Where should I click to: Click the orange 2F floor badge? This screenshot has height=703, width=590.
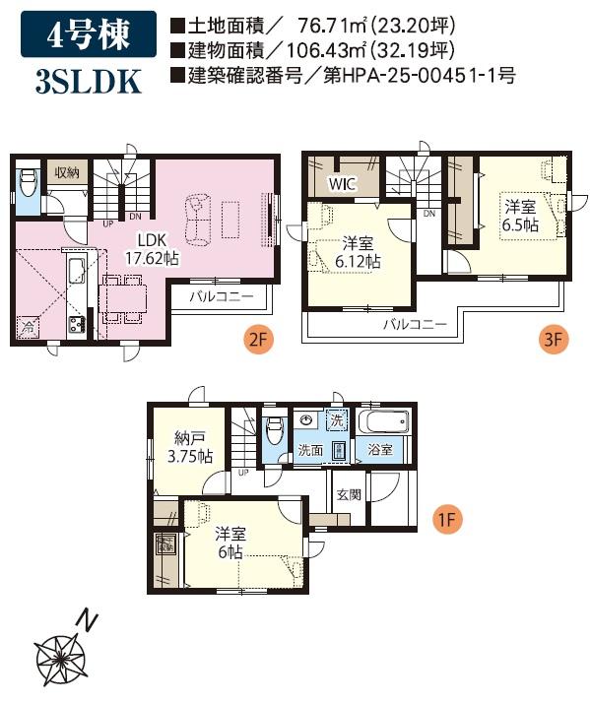coord(257,340)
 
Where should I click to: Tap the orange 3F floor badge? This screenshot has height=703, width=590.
coord(554,339)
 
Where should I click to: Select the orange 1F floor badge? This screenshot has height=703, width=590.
coord(447,520)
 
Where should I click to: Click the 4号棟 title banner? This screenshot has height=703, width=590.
coord(89,34)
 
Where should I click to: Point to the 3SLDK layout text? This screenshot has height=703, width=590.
coord(89,82)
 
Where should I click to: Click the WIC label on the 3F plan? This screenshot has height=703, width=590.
coord(343,184)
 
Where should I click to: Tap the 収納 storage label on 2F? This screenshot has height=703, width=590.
coord(67,172)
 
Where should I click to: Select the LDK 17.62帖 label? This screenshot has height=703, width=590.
coord(152,249)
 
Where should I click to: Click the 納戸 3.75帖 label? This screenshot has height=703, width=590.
coord(190,447)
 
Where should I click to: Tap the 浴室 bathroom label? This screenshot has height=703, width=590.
coord(380,450)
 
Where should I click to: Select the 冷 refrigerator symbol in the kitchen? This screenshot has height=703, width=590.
coord(28,327)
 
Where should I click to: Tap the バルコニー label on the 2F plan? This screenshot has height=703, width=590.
coord(222,296)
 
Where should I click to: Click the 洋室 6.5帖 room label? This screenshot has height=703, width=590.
coord(520,216)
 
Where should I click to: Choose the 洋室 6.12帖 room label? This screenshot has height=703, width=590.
coord(358,253)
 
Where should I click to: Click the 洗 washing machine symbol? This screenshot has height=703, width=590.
coord(337,420)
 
